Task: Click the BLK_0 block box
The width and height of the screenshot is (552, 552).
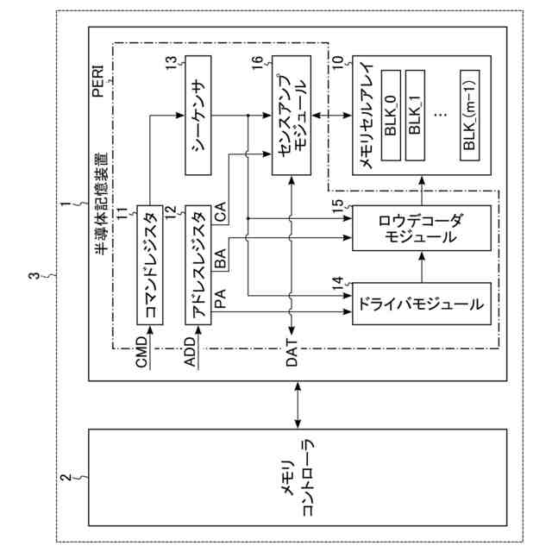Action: [x=391, y=116]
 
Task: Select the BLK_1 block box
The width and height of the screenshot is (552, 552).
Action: [x=415, y=116]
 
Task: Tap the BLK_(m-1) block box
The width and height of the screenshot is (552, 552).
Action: [x=469, y=116]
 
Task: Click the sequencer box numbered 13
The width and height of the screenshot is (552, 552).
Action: [x=198, y=115]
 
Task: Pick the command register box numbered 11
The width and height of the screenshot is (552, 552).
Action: [x=150, y=265]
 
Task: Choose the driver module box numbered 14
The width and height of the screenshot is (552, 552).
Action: [x=422, y=304]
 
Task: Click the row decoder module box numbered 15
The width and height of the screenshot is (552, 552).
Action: [x=422, y=228]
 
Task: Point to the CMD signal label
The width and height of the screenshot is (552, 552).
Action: [x=141, y=352]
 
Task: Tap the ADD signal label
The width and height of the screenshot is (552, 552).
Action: [x=190, y=352]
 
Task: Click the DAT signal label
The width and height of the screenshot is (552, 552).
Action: [x=292, y=353]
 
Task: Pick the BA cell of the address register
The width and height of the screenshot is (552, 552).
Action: [x=221, y=259]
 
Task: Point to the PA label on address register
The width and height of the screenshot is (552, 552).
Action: [x=221, y=298]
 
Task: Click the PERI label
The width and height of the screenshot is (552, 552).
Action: [x=97, y=80]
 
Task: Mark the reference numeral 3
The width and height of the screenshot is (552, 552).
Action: [x=34, y=275]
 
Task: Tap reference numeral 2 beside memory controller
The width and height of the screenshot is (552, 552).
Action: [x=66, y=478]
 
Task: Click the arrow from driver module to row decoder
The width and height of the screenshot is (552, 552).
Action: [x=422, y=267]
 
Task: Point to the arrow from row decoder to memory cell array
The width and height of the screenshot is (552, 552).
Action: [x=422, y=190]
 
